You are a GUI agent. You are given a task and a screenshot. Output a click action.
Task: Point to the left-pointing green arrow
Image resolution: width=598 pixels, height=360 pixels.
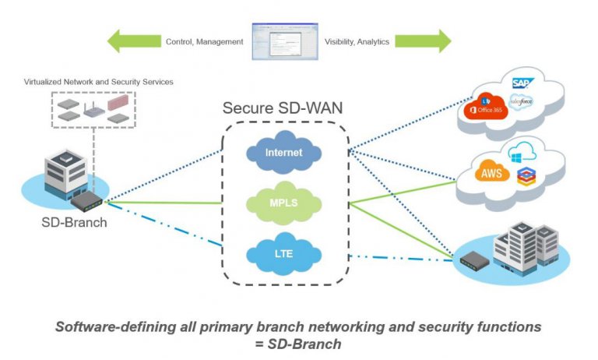click(x=133, y=41)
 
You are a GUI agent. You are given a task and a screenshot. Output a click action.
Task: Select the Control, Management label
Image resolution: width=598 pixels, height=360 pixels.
click(x=205, y=41)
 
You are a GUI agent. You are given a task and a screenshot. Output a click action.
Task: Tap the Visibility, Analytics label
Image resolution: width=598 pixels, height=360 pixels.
click(x=358, y=41)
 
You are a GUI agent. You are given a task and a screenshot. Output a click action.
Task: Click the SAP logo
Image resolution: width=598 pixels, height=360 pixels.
click(x=521, y=83)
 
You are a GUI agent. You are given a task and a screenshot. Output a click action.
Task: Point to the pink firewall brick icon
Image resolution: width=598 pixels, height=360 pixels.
click(x=118, y=101)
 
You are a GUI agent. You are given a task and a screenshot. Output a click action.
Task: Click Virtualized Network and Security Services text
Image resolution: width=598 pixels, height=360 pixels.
click(x=99, y=82)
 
